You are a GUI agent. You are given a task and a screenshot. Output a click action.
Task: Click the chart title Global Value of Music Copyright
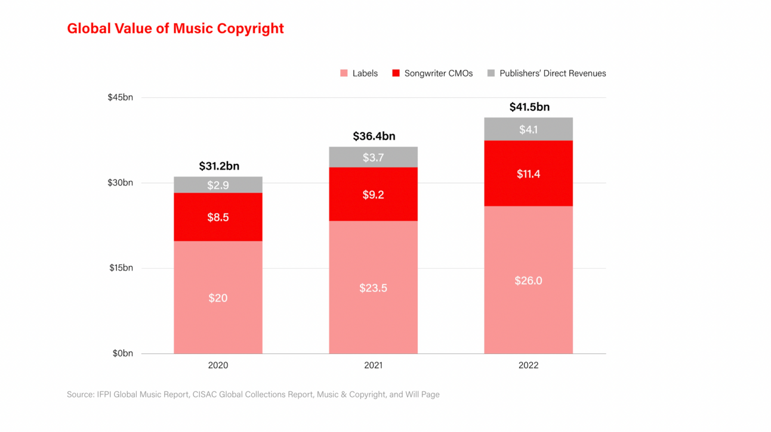175,29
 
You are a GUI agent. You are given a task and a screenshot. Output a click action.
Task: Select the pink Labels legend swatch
344,73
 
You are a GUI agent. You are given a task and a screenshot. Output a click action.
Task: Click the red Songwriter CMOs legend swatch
396,73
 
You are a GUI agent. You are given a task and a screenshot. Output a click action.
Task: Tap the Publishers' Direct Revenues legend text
553,73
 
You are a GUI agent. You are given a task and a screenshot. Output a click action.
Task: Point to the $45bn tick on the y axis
121,97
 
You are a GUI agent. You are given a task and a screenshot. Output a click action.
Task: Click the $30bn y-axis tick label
121,182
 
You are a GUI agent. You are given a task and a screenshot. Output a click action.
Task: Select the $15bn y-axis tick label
121,268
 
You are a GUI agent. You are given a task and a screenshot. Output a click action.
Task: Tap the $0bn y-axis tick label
122,353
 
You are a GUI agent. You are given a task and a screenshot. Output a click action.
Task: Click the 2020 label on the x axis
218,365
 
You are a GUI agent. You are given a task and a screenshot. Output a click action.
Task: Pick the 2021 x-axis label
373,365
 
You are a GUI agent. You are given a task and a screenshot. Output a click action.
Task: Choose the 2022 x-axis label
528,365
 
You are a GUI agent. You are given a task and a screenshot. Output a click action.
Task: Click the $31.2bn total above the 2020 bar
218,166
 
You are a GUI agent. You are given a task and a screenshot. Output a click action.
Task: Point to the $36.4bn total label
374,136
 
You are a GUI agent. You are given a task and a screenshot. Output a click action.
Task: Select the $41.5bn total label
529,107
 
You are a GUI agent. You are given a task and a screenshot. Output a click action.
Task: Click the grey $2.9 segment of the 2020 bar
218,185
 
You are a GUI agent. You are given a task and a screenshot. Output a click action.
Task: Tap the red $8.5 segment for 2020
218,217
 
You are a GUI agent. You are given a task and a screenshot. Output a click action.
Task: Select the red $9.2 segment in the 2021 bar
373,194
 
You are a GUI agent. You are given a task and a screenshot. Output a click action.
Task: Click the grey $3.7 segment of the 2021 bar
373,157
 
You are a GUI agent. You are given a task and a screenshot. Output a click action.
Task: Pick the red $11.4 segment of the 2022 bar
528,173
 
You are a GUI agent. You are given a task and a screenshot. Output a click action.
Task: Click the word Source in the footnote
80,394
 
